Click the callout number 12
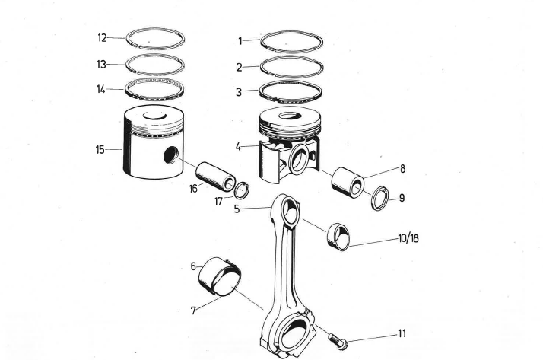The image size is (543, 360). click(x=102, y=38)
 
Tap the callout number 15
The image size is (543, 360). click(x=100, y=149)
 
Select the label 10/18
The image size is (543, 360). click(x=408, y=238)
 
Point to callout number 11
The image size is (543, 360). click(x=402, y=333)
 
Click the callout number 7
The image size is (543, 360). click(x=193, y=311)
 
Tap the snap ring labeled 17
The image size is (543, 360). click(x=240, y=190)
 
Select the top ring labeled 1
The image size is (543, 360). click(x=292, y=41)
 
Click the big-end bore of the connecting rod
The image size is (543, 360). click(x=291, y=334)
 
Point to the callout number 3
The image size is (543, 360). click(x=239, y=92)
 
